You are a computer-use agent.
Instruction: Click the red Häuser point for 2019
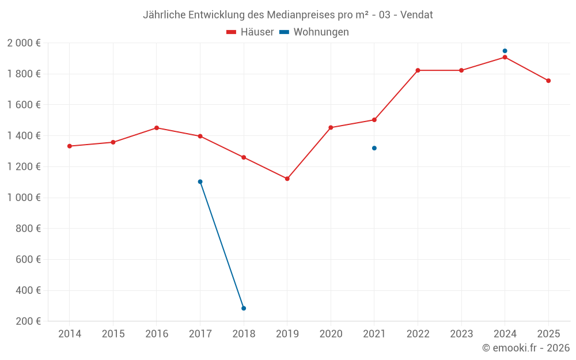pos(287,179)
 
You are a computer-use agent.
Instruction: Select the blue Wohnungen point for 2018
pos(244,308)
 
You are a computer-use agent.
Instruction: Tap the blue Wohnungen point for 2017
pos(200,181)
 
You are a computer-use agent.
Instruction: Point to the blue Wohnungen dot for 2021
pos(374,148)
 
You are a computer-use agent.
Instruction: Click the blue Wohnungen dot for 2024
pos(505,51)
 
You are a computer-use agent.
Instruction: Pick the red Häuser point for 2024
pos(505,57)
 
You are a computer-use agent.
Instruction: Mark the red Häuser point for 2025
pos(548,81)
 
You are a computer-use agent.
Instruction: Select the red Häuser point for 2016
pos(157,128)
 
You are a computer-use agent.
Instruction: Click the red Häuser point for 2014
pos(70,146)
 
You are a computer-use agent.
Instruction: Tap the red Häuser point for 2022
pos(418,70)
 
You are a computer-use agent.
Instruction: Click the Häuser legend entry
pos(250,32)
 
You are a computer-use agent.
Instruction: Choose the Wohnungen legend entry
pos(314,32)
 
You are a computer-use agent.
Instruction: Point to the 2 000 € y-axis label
pos(24,43)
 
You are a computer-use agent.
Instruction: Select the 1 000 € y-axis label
pos(24,198)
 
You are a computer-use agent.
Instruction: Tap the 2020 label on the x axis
pos(331,334)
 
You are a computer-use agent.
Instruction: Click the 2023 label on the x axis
pos(461,334)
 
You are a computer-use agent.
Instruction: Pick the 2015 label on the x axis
pos(113,334)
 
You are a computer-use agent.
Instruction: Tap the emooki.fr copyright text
pos(526,348)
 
